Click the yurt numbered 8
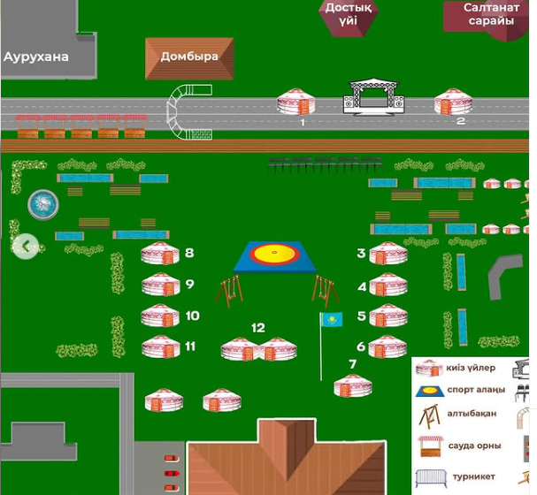click(x=160, y=255)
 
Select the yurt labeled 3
click(x=388, y=254)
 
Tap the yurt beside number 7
click(x=353, y=385)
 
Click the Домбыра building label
click(x=189, y=57)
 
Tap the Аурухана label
click(x=36, y=57)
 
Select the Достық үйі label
click(x=348, y=14)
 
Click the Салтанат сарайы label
click(x=490, y=14)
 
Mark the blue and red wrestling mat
click(x=273, y=256)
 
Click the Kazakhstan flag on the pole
click(x=331, y=319)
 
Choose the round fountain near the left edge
click(x=42, y=204)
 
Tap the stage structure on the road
click(x=373, y=96)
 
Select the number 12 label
click(x=257, y=328)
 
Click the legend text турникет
click(x=474, y=476)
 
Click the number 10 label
click(x=192, y=316)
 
